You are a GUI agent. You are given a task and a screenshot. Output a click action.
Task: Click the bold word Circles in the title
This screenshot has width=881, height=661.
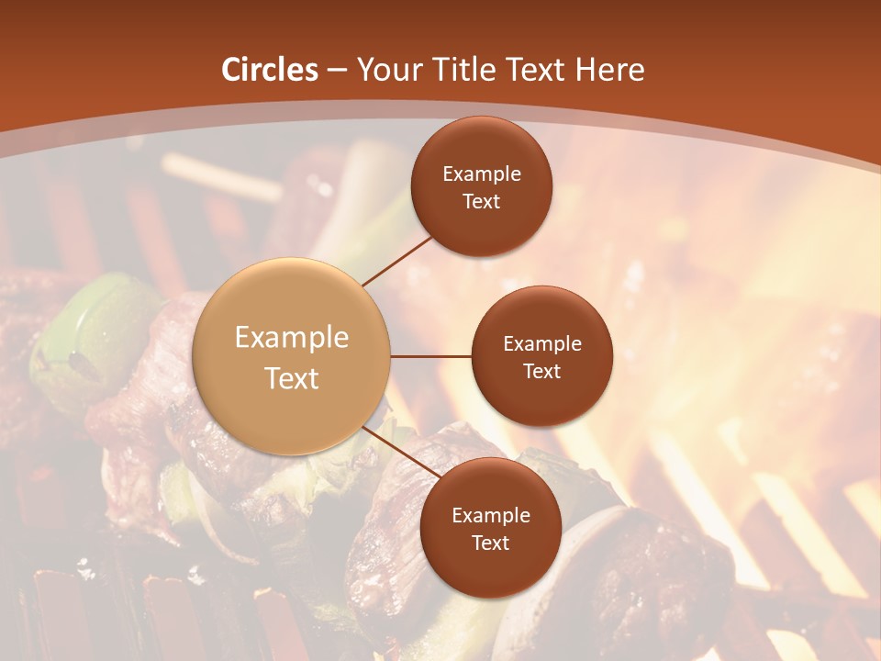[x=270, y=70]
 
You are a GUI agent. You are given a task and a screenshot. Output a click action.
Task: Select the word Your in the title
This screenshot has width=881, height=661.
[x=387, y=70]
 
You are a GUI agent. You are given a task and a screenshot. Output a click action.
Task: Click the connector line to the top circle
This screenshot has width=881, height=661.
[x=396, y=261]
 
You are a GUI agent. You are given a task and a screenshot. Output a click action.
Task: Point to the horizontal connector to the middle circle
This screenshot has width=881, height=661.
[x=430, y=356]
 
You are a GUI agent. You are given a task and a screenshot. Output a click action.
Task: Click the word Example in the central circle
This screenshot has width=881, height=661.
[x=292, y=338]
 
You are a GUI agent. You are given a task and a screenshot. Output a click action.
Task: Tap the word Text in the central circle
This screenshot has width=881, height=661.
[x=292, y=378]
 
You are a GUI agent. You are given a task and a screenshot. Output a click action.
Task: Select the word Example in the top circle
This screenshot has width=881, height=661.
[x=482, y=174]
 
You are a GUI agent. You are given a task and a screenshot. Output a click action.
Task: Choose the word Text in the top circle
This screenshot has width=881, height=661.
[x=482, y=201]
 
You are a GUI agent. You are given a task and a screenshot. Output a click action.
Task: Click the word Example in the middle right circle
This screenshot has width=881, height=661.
[x=542, y=344]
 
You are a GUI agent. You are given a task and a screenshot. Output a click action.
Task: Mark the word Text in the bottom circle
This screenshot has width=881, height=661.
[x=491, y=543]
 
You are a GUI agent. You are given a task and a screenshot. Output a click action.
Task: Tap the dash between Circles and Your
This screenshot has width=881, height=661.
[x=337, y=71]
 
